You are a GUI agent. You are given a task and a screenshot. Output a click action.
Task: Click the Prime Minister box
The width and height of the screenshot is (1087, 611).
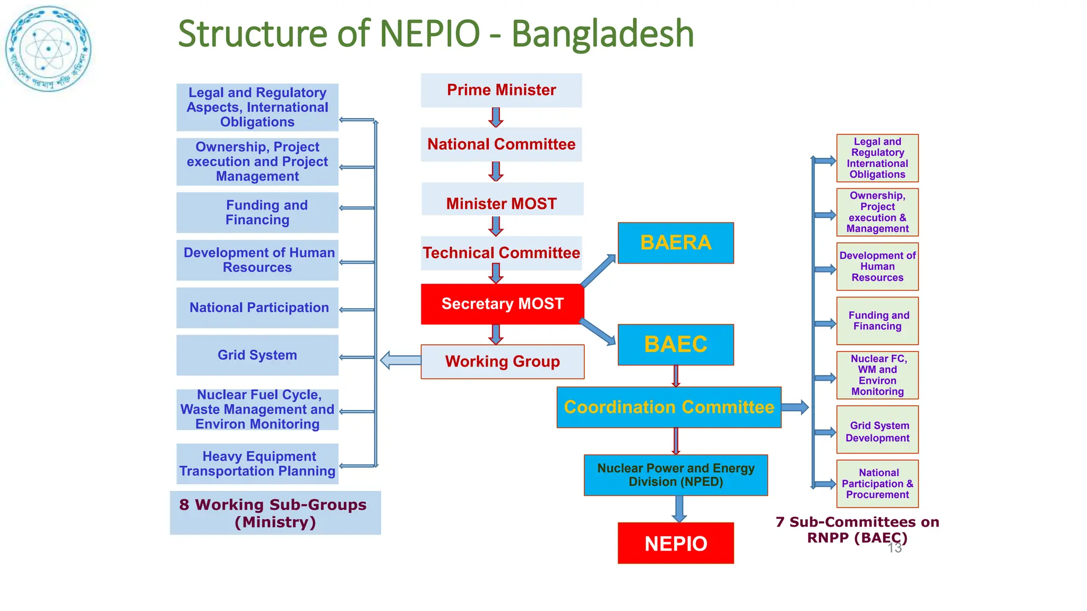click(x=501, y=90)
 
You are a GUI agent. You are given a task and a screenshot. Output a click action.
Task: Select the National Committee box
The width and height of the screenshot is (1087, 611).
click(x=501, y=144)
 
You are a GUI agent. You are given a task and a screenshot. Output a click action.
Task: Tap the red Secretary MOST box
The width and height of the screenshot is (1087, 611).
click(x=502, y=304)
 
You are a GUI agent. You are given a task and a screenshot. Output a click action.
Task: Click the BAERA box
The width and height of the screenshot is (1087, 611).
click(x=676, y=243)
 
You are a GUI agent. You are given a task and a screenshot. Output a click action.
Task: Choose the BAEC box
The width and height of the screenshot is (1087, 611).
click(x=676, y=345)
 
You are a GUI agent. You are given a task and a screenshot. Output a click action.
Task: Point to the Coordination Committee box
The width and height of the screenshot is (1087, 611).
click(x=669, y=407)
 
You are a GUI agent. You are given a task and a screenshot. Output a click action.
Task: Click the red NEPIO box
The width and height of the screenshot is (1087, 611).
click(x=676, y=543)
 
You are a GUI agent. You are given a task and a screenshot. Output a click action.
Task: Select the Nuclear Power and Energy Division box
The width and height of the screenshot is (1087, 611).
click(x=676, y=475)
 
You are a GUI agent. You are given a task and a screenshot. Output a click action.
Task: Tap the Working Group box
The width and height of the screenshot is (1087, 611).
click(x=502, y=362)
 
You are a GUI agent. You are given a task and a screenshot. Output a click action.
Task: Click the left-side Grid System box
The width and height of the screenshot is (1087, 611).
click(x=257, y=355)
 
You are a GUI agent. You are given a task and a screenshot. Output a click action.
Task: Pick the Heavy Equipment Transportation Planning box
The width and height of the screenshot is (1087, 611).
click(x=257, y=464)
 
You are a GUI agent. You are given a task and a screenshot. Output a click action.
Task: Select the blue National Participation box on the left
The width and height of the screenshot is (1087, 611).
click(x=257, y=308)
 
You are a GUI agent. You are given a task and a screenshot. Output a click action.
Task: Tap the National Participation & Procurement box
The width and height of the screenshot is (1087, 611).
click(x=877, y=484)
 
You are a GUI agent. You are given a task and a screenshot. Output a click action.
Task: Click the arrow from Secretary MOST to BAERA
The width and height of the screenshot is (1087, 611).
click(x=598, y=270)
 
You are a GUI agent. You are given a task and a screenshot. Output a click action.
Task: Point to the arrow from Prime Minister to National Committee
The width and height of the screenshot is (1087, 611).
click(x=496, y=117)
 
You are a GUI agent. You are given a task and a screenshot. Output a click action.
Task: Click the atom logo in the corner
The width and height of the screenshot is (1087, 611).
click(x=48, y=49)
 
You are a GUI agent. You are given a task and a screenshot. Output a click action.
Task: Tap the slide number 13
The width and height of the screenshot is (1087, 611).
click(x=895, y=548)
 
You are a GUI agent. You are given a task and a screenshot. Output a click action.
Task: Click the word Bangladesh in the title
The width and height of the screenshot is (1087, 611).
click(x=602, y=33)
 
